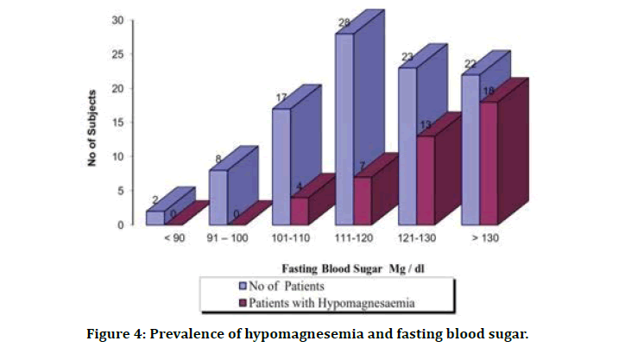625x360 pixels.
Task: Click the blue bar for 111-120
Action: pos(344,129)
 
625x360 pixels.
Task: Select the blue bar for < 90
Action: pos(155,218)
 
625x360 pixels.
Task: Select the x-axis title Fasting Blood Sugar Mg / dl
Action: pos(337,268)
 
